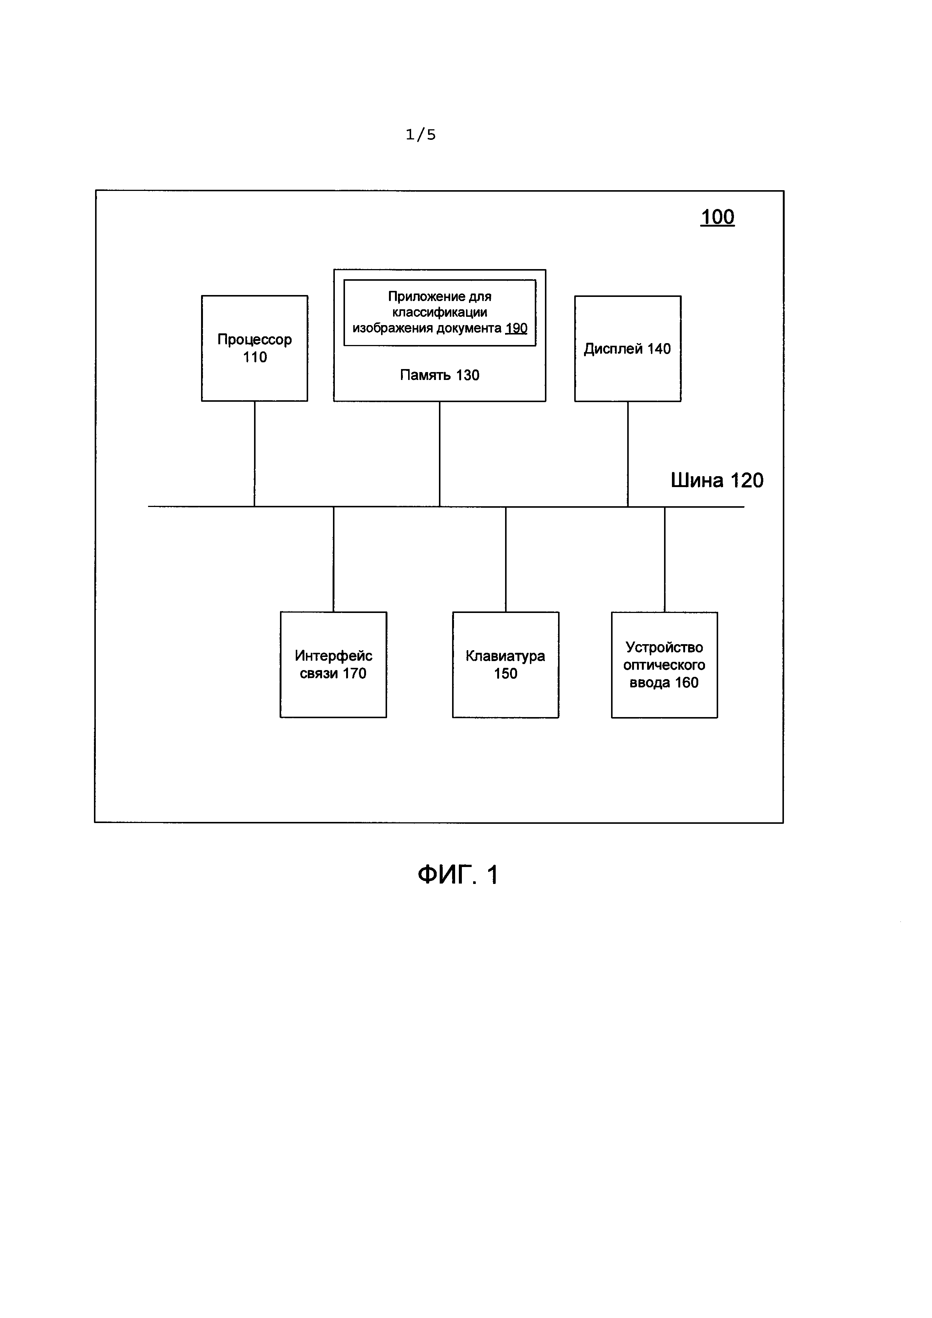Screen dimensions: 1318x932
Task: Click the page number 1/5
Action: (421, 135)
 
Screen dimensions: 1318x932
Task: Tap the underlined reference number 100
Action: (717, 217)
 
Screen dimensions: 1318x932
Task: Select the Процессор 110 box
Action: (254, 348)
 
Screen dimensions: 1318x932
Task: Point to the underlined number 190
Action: (516, 328)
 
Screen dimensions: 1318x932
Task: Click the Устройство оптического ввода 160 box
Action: (664, 665)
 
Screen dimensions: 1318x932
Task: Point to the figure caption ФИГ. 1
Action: (458, 875)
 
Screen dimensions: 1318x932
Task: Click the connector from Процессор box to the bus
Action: (254, 454)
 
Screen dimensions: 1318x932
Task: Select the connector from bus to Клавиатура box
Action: (505, 559)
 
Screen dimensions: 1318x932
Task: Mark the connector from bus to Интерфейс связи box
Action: (333, 559)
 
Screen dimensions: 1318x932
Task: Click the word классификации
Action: (440, 312)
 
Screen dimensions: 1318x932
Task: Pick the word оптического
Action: (664, 665)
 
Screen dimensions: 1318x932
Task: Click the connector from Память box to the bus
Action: (440, 454)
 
